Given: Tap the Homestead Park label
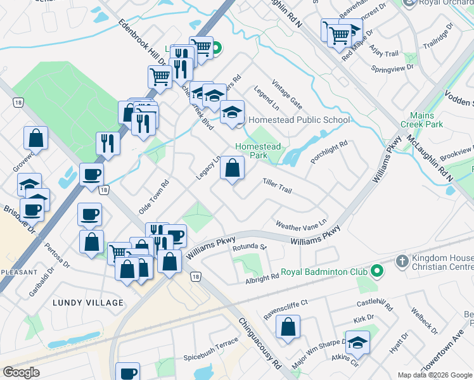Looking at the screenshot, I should point(257,151).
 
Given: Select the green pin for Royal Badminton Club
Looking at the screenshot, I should point(377,272).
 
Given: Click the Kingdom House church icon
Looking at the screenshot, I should point(401,261).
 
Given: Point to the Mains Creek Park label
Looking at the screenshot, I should point(426,120).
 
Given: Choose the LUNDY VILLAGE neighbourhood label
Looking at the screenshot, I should point(88,303).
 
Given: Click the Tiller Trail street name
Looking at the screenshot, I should point(277,186).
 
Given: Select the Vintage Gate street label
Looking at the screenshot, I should point(286,92).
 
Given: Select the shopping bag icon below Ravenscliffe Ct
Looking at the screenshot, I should point(288,327).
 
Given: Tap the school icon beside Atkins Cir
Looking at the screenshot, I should point(357,343).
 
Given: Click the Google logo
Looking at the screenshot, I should point(22,372).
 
